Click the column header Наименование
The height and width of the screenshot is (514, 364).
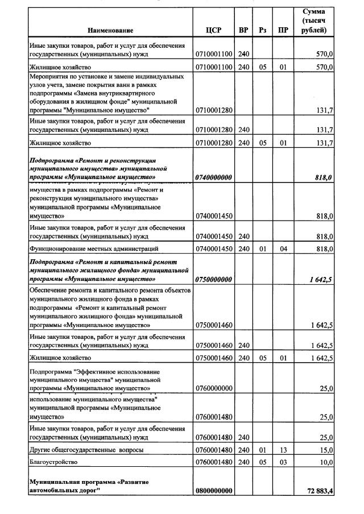coord(111,30)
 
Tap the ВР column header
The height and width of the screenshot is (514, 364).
coord(243,30)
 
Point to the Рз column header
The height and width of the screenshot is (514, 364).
coord(262,30)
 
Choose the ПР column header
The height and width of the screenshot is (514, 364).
coord(283,30)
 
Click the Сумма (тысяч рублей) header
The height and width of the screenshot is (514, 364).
coord(314,21)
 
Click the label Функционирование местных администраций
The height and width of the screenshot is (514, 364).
coord(93,248)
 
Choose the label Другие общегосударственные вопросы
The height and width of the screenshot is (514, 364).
coord(85,450)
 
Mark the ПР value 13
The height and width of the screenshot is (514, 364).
coord(283,450)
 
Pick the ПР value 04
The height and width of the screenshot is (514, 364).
coord(283,248)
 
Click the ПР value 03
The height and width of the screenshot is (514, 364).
coord(283,462)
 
